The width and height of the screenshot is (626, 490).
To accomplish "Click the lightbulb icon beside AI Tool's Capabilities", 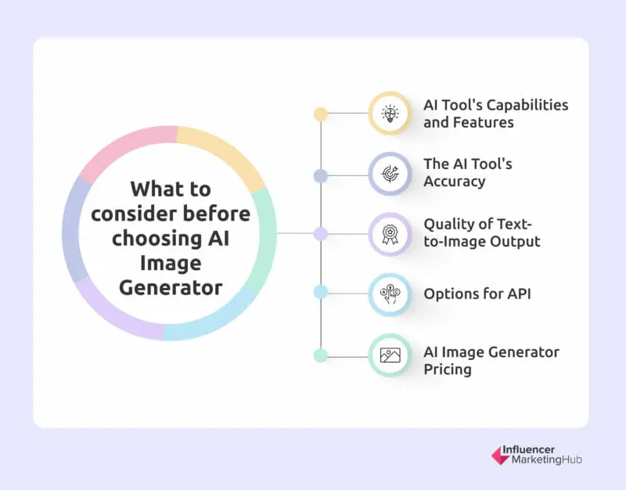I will (x=390, y=113).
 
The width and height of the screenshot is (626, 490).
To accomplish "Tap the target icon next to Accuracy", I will (x=390, y=173).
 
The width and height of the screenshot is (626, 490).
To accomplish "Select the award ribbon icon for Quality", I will (x=390, y=233).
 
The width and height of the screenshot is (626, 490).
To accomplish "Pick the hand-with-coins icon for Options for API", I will (x=390, y=294).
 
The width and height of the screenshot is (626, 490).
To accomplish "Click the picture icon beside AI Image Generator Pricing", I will (x=390, y=355).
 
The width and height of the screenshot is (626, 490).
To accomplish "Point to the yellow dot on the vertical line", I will (x=320, y=113).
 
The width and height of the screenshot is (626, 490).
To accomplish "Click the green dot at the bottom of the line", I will (x=320, y=355).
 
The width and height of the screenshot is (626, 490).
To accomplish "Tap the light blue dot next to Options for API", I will (x=320, y=292).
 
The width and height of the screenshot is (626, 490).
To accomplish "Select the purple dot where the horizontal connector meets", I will (x=320, y=233).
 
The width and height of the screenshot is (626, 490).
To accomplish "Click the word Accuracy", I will (x=455, y=181).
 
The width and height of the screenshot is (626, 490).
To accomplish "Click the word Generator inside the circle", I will (x=171, y=288).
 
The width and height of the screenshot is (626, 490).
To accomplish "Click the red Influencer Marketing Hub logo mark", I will (x=499, y=456).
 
